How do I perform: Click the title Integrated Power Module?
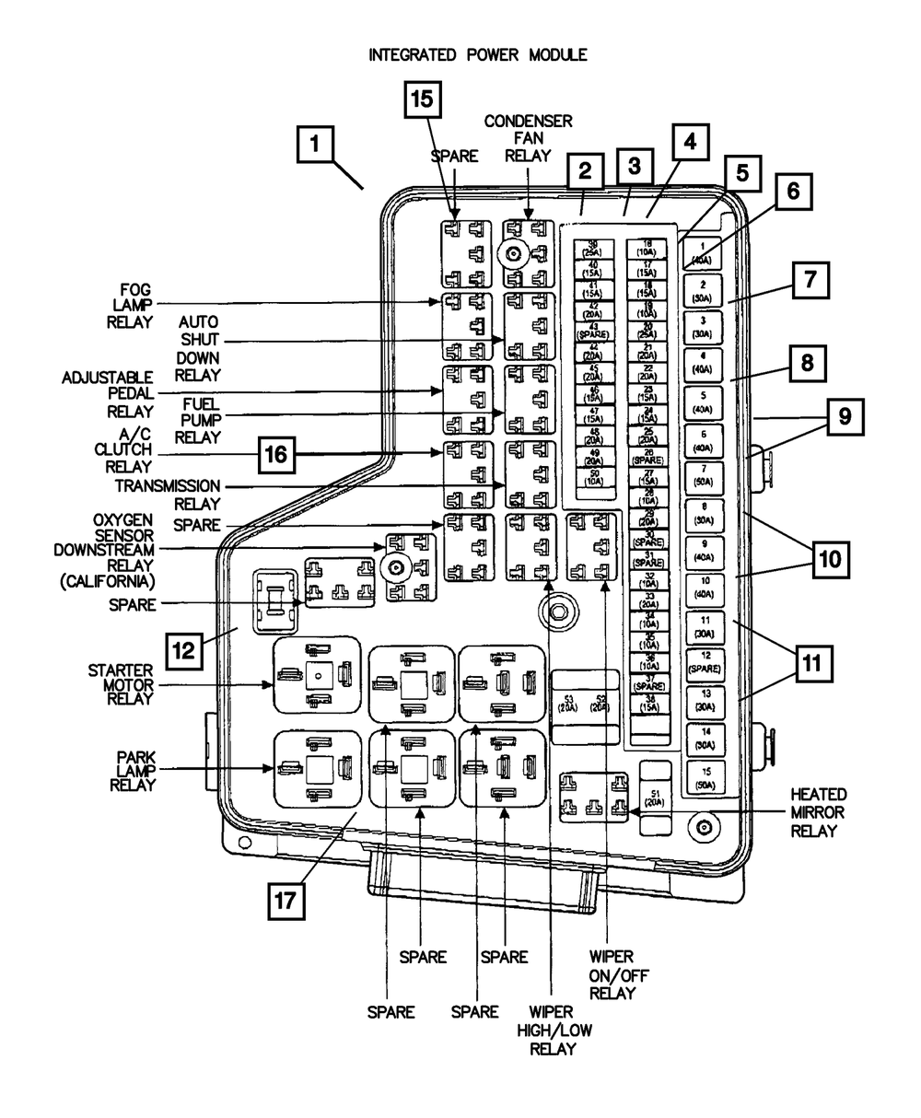[x=477, y=55]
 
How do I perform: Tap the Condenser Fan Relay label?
[x=529, y=138]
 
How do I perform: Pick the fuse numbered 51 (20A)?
[x=656, y=796]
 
